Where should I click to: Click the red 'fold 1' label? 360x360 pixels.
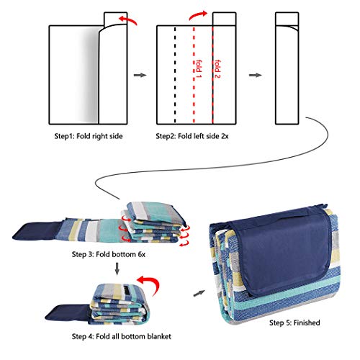pos(199,69)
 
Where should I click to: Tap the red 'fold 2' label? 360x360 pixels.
pos(217,69)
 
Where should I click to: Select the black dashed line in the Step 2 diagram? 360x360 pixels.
pos(175,75)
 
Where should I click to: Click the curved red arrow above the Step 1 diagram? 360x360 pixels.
pos(128,19)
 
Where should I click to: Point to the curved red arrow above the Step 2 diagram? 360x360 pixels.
pos(197,15)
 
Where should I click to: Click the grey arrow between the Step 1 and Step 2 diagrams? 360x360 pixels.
pos(140,75)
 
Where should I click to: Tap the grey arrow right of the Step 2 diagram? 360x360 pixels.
pos(255,75)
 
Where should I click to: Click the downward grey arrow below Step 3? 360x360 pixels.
pos(117,269)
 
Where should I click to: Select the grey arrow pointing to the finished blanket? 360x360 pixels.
pos(199,293)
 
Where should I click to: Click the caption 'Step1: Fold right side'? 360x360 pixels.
pos(89,136)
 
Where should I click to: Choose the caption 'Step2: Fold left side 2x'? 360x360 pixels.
pos(192,136)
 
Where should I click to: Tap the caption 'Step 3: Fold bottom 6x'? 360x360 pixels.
pos(109,254)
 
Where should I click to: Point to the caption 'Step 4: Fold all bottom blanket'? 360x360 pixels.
pos(122,336)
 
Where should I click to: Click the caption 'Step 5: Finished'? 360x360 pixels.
pos(294,323)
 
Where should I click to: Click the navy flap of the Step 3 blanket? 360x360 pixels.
pos(36,231)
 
